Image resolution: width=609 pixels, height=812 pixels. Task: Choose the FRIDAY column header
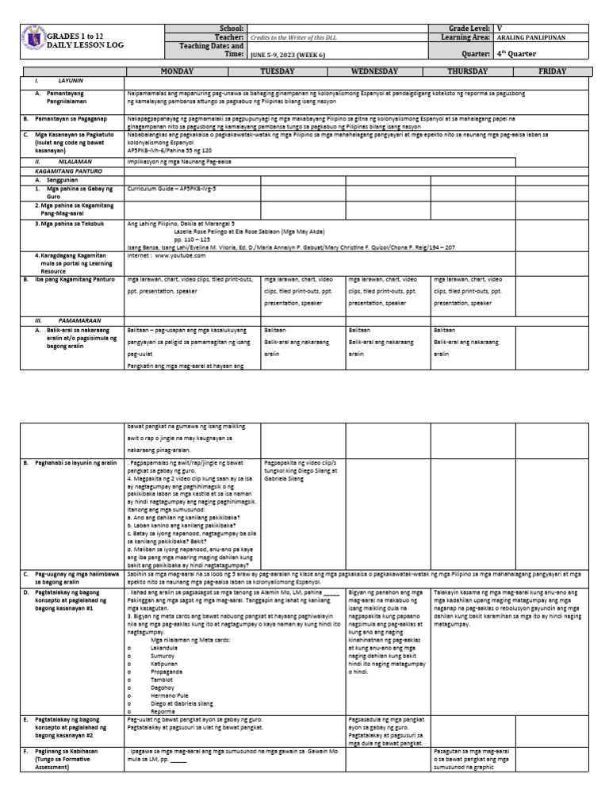coord(553,71)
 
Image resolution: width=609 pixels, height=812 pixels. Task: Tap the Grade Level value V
coord(499,27)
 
